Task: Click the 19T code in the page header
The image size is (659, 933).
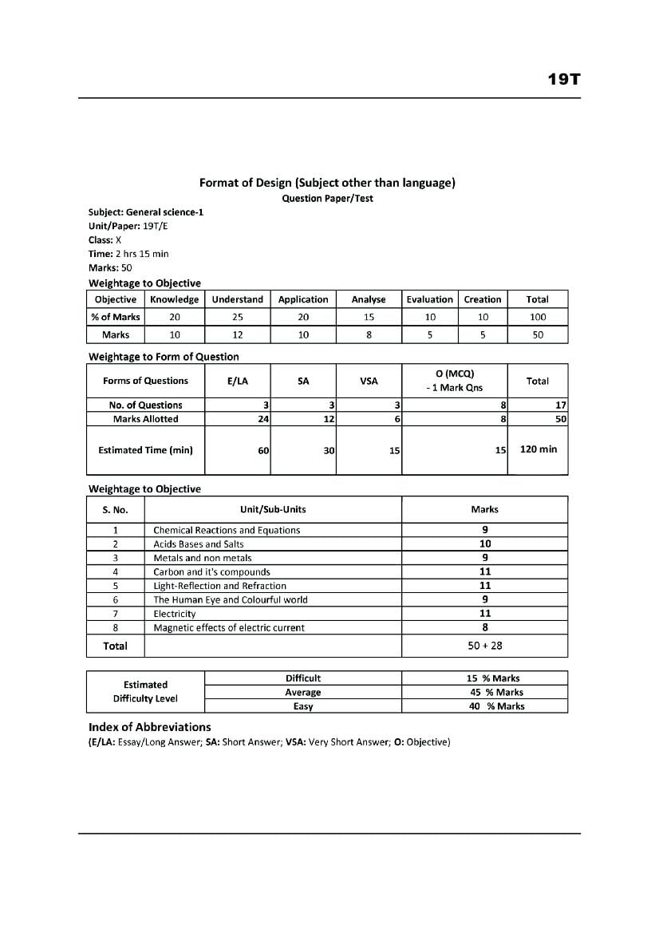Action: point(563,79)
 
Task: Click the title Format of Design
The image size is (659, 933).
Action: point(327,183)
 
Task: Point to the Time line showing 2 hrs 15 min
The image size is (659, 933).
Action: point(128,254)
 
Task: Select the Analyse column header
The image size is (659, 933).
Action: point(369,299)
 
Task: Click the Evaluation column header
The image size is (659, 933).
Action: point(429,299)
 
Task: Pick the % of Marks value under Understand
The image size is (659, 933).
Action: point(238,317)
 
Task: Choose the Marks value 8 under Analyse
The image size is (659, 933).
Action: point(369,335)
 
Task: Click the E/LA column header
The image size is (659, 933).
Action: point(238,382)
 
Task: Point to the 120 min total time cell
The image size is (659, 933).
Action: point(539,449)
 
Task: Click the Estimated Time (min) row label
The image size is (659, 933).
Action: point(145,450)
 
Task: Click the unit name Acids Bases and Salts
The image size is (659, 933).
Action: point(199,544)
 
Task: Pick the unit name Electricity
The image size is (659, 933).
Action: point(175,614)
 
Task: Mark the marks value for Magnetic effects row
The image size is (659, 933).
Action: point(485,627)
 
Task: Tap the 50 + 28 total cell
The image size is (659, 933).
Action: point(485,646)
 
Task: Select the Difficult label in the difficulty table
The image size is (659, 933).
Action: point(303,678)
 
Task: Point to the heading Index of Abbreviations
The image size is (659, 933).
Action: point(150,727)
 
